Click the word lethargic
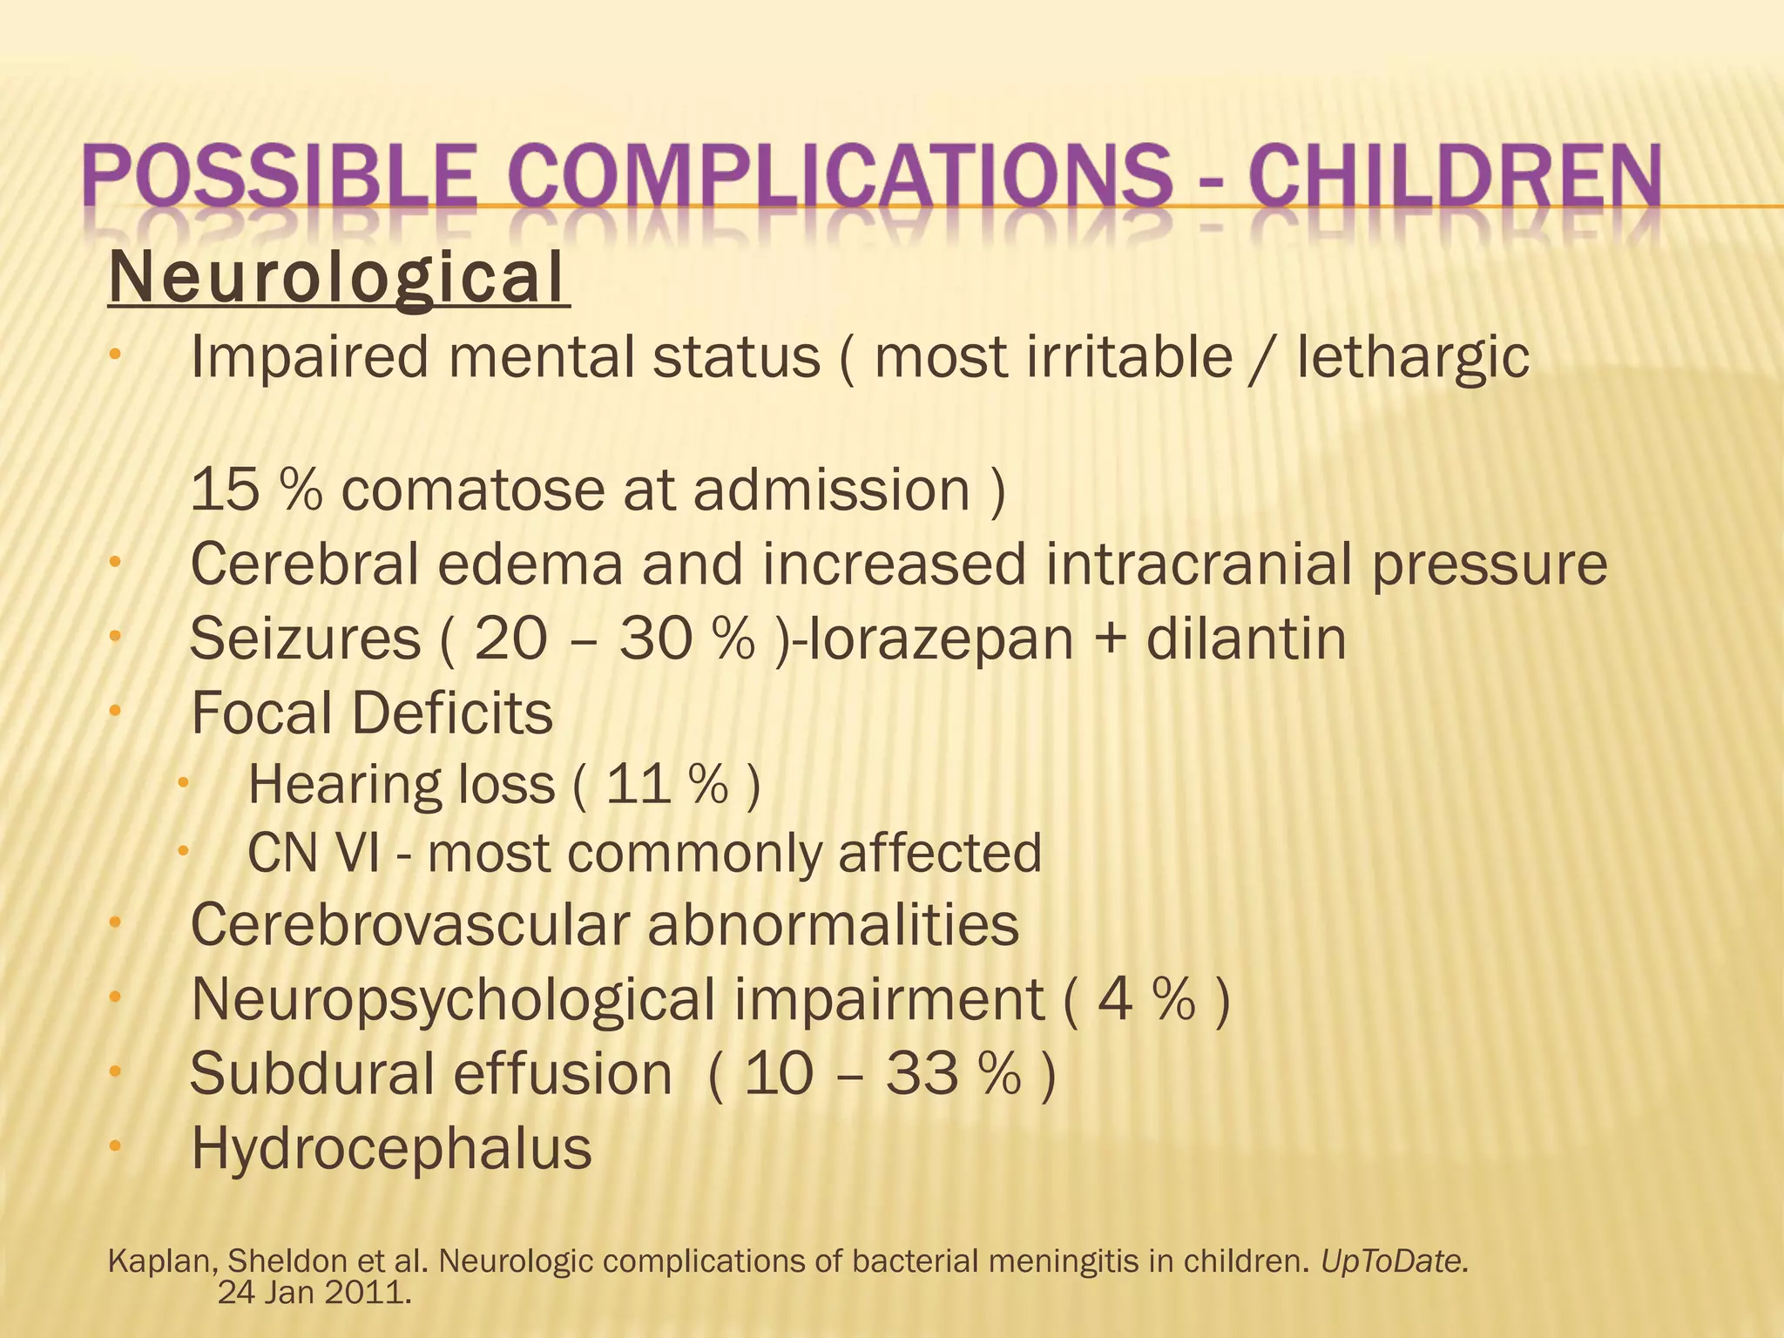point(1412,358)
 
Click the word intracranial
point(1199,564)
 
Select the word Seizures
point(306,639)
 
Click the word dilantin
point(1246,639)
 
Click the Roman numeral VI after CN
point(356,853)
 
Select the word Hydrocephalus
point(391,1148)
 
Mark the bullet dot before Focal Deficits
point(114,712)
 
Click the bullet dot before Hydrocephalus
point(114,1147)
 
